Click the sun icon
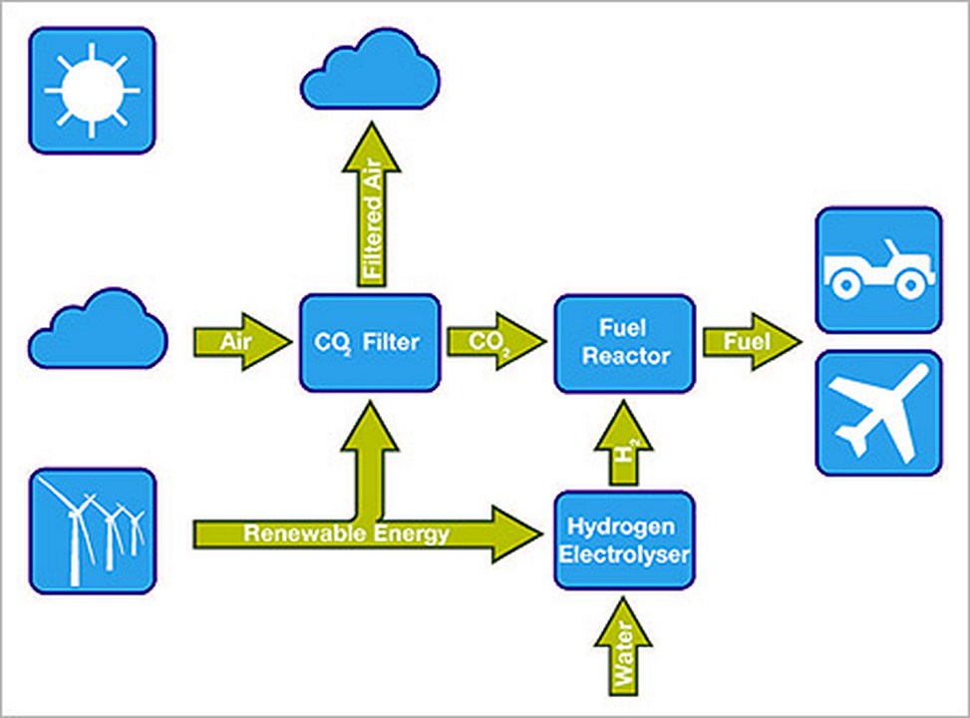[92, 91]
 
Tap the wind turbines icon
[93, 532]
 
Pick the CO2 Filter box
[370, 343]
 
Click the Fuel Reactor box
[625, 344]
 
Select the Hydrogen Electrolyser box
[625, 539]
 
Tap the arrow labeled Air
[242, 342]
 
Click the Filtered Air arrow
[372, 204]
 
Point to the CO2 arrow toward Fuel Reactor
[496, 342]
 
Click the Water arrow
[624, 646]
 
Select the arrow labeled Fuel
[753, 342]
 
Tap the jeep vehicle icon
[879, 270]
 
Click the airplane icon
[879, 413]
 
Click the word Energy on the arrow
[410, 535]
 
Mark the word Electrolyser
[624, 554]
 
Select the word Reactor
[626, 357]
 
